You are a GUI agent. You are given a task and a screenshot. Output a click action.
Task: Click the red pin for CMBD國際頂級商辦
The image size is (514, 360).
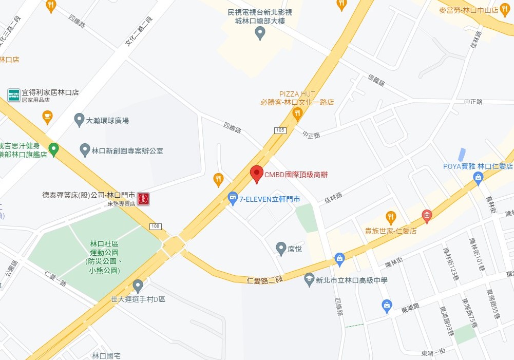coord(257,174)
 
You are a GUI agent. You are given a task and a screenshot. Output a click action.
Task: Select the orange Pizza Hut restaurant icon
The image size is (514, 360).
coord(297,113)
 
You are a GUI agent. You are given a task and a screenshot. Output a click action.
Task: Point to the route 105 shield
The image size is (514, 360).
coord(280,130)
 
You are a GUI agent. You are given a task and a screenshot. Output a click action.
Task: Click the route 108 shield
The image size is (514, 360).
coord(155,226)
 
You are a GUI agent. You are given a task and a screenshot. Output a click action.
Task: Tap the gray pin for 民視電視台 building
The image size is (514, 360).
coord(260,33)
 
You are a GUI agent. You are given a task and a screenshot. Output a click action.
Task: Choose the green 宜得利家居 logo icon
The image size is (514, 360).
coord(14,95)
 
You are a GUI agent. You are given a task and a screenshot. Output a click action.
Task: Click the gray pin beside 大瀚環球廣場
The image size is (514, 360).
coord(79,120)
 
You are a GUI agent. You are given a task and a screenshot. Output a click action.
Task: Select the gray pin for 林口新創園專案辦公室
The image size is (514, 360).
coord(85,150)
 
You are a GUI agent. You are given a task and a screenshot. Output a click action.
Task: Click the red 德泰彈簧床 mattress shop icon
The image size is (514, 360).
coord(143,198)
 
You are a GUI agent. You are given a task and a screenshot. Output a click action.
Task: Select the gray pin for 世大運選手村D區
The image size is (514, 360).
coord(138,286)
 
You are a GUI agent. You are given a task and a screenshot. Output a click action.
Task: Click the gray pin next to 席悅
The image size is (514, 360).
coord(281,248)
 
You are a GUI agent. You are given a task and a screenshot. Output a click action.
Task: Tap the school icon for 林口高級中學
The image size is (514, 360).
coord(309,280)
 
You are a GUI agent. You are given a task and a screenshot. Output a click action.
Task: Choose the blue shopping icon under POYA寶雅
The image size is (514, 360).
coord(479,178)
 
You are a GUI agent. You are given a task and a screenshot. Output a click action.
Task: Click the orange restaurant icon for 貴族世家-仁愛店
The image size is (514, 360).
coord(391,217)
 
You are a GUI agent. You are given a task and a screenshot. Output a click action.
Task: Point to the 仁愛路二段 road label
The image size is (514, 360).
coord(265,280)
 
